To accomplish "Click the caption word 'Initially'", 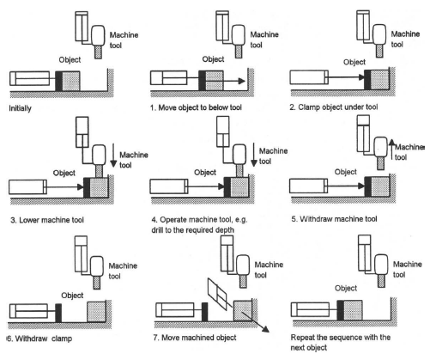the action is tap(20, 108).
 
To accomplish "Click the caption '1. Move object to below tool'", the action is tap(196, 107).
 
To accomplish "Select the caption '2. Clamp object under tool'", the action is tap(334, 107).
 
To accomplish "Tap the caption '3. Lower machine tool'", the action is tap(47, 220).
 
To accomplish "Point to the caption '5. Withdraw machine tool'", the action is tap(334, 219).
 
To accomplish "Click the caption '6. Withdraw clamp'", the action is tap(39, 339).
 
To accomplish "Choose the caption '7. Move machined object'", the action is tap(195, 338).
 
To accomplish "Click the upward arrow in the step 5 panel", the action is tap(392, 149).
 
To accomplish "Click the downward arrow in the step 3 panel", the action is tap(113, 156).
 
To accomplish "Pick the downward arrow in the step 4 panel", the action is tap(254, 155).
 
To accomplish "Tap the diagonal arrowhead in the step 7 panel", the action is tap(265, 329).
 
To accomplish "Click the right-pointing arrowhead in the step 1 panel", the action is tap(242, 81).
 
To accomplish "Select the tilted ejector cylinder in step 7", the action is tap(218, 294).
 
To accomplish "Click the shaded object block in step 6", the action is tap(96, 311).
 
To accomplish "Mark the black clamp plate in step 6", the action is tap(58, 313).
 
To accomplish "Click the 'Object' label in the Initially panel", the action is tap(70, 60).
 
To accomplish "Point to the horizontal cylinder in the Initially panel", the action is tap(29, 78).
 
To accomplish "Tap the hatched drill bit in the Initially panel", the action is tap(98, 52).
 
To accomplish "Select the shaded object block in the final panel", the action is tap(353, 310).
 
